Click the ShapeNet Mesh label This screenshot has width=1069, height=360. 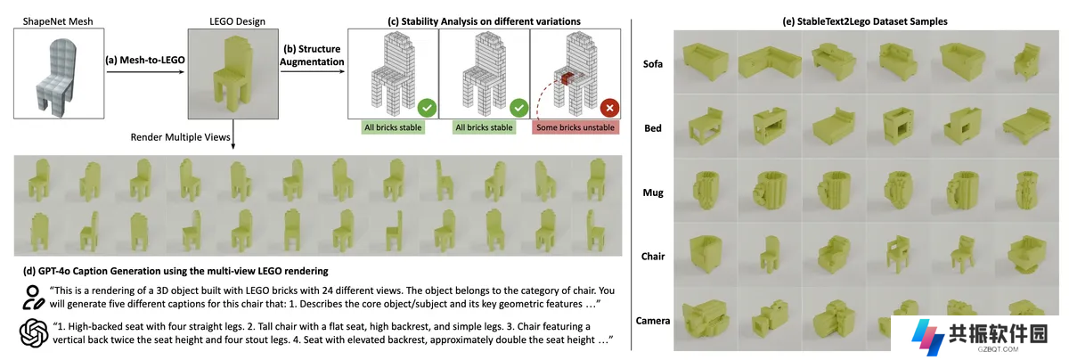pyautogui.click(x=58, y=21)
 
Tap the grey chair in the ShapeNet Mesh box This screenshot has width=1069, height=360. pyautogui.click(x=56, y=77)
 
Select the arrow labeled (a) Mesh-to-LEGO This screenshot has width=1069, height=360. pyautogui.click(x=145, y=71)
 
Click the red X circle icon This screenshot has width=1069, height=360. pyautogui.click(x=609, y=108)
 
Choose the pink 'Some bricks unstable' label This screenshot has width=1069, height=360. pyautogui.click(x=575, y=127)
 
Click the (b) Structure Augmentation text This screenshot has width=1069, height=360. pyautogui.click(x=312, y=55)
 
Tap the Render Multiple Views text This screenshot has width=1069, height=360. pyautogui.click(x=180, y=137)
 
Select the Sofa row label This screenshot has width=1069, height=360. pyautogui.click(x=652, y=64)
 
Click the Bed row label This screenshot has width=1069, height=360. pyautogui.click(x=652, y=128)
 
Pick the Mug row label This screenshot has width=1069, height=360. pyautogui.click(x=653, y=192)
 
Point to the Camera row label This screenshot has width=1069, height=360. pyautogui.click(x=652, y=321)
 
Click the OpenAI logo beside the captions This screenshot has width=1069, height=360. pyautogui.click(x=34, y=332)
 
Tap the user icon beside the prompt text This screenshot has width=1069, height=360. pyautogui.click(x=33, y=298)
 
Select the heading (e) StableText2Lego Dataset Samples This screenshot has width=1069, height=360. pyautogui.click(x=865, y=21)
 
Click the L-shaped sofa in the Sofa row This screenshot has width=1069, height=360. pyautogui.click(x=770, y=62)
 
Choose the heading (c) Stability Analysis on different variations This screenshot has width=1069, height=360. pyautogui.click(x=484, y=21)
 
